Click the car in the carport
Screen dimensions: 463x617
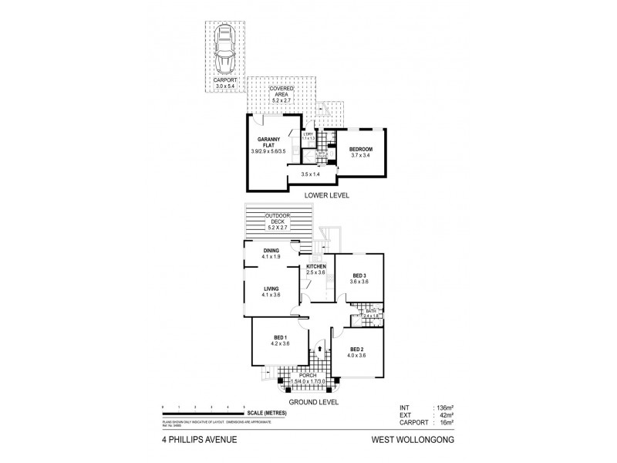point(225,48)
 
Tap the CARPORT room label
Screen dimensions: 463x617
point(225,80)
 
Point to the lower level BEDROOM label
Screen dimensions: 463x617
point(360,149)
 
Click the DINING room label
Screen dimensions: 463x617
point(271,251)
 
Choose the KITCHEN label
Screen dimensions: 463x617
point(316,267)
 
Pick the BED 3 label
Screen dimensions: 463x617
point(359,275)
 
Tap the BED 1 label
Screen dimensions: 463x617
point(281,339)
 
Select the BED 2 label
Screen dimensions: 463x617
point(356,351)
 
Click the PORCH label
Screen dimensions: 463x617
point(319,375)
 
